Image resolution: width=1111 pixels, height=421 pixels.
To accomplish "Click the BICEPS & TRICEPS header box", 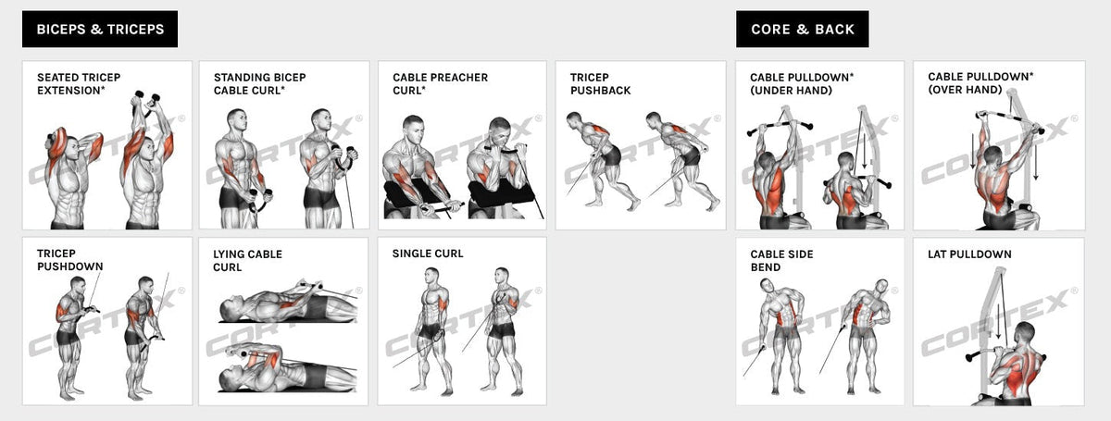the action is click(100, 30).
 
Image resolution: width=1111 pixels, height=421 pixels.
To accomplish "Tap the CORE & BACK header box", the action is click(802, 30).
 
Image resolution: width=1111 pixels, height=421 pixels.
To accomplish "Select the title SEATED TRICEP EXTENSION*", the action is click(79, 84).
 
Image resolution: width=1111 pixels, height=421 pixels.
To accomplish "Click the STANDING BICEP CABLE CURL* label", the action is click(260, 84).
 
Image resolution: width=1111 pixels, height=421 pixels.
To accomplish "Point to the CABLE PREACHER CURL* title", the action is click(441, 84).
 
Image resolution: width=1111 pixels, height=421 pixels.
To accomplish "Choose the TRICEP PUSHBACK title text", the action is click(600, 84).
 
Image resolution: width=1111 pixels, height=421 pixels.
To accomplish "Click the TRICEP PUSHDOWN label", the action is click(70, 260).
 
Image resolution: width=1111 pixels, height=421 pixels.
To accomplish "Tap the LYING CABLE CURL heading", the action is click(247, 261).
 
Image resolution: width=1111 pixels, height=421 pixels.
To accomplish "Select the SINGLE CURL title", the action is click(428, 254).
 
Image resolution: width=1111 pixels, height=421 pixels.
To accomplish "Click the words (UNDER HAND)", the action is click(791, 91).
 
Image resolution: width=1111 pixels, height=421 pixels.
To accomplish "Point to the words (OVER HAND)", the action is click(965, 90).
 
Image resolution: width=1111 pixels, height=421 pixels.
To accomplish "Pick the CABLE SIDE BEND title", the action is click(781, 261).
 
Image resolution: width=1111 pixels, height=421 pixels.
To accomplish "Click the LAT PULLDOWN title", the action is click(969, 254).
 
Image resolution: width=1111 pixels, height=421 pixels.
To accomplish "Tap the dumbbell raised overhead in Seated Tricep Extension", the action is click(147, 97).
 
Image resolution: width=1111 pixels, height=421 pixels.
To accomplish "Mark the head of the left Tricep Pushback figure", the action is click(573, 119).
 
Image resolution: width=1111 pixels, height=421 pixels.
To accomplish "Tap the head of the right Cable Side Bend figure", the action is click(880, 288).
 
